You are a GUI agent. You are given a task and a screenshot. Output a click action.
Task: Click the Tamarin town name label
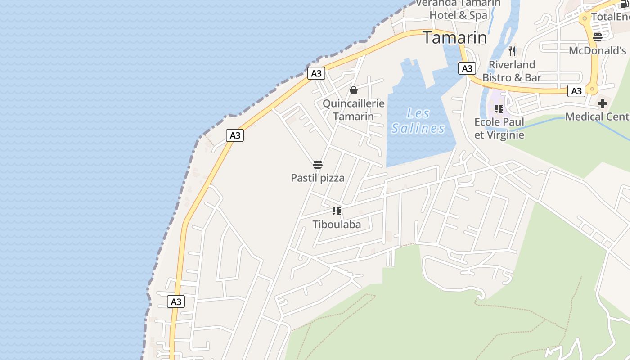tap(454, 38)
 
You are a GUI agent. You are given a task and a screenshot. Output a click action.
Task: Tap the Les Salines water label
tap(418, 121)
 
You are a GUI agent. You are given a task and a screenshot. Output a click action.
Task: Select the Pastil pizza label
tap(318, 178)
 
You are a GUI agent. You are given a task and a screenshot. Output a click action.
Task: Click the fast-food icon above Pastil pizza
tap(318, 165)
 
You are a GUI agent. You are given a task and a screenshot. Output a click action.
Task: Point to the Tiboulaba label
tap(337, 224)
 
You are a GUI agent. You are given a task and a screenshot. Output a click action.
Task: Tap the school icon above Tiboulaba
tap(336, 211)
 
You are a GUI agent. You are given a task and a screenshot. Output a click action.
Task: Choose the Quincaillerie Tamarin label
tap(354, 110)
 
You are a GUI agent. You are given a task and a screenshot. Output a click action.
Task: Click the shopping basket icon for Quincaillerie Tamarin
tap(354, 90)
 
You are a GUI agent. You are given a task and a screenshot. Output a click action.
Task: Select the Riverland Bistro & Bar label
tap(512, 71)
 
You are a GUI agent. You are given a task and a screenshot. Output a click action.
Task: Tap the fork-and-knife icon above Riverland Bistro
tap(512, 50)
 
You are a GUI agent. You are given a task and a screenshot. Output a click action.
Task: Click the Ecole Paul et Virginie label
tap(499, 128)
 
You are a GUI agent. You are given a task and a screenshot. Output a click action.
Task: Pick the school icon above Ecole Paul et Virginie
tap(499, 108)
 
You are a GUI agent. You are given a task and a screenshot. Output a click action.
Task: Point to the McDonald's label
tap(598, 50)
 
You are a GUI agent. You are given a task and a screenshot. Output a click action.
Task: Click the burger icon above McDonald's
tap(598, 37)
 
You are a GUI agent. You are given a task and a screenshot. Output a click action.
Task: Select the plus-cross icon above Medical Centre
tap(602, 104)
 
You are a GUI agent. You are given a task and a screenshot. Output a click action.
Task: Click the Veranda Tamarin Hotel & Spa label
tap(459, 9)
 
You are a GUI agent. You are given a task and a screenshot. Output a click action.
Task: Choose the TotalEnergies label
tap(610, 17)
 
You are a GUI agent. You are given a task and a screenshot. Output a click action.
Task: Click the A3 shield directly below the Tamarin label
tap(467, 68)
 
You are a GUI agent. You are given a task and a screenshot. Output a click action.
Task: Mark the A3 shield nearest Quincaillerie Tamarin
tap(316, 73)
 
